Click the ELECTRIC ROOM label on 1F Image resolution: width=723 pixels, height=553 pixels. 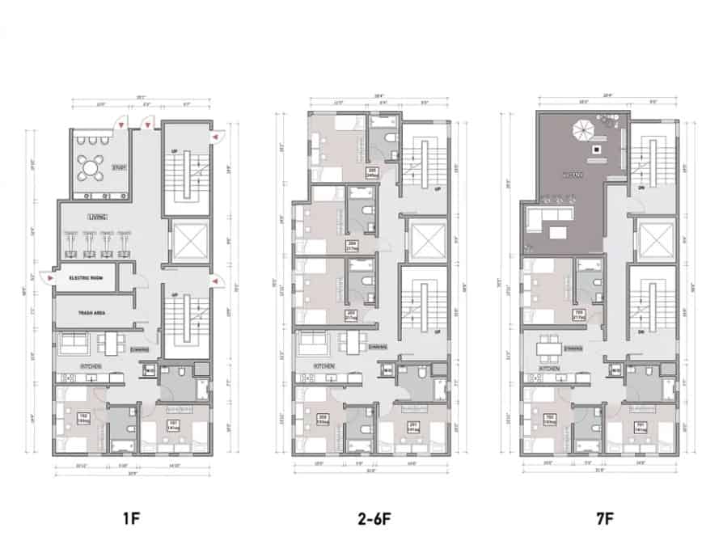point(86,278)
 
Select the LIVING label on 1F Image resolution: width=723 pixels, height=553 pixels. point(98,217)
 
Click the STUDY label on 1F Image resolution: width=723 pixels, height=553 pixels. point(120,168)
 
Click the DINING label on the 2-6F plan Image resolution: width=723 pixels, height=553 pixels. point(375,348)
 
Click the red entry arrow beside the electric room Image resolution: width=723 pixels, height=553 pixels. point(52,278)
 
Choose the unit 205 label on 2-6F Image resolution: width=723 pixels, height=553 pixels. point(373,171)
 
